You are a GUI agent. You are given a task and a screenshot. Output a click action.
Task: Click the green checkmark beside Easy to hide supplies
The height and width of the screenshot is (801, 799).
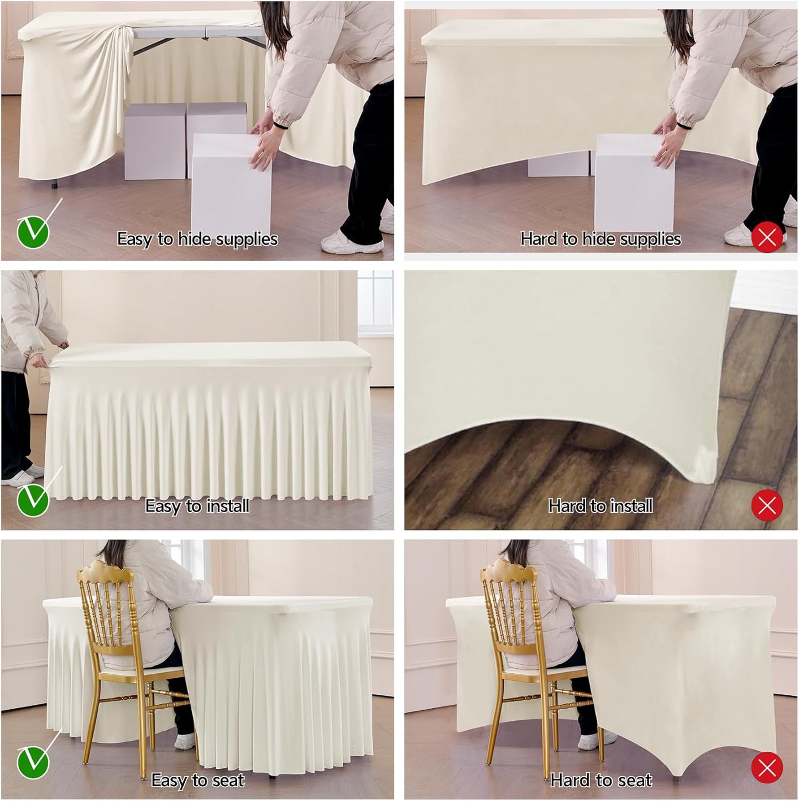click(33, 232)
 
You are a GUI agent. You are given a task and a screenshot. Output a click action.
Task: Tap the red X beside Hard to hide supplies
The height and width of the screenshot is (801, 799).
click(767, 238)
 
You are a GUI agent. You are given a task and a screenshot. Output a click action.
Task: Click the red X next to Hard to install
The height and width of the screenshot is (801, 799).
click(767, 505)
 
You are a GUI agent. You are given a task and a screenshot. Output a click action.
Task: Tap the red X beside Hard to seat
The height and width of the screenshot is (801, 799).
click(767, 768)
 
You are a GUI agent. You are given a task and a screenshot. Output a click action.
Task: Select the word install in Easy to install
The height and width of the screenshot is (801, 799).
click(227, 506)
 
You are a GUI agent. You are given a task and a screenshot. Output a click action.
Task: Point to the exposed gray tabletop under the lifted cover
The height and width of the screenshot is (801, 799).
click(199, 32)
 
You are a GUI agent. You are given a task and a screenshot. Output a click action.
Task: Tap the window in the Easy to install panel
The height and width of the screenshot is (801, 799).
click(375, 301)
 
